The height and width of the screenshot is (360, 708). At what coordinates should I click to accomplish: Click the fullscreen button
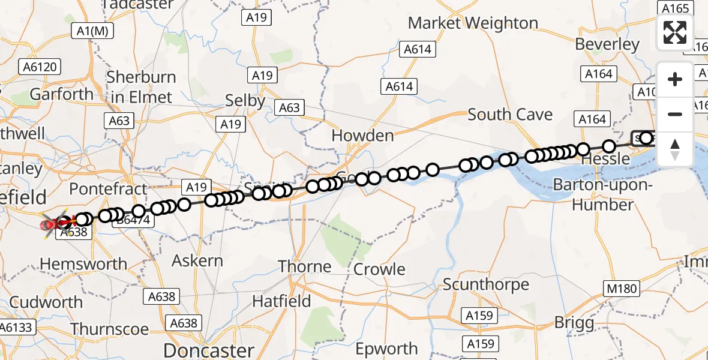click(x=675, y=32)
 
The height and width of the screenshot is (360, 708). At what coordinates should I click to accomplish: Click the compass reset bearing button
click(x=675, y=149)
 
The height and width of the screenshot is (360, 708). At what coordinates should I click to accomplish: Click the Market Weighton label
click(x=473, y=23)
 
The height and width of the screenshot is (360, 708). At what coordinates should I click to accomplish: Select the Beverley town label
click(x=607, y=44)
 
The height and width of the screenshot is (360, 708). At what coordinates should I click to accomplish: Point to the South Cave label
click(x=510, y=114)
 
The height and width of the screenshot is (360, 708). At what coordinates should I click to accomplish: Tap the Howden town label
click(x=362, y=136)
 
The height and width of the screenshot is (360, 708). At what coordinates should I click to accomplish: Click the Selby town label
click(x=245, y=101)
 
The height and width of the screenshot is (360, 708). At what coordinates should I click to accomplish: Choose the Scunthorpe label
click(x=486, y=284)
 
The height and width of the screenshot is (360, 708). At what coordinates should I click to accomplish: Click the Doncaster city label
click(x=209, y=350)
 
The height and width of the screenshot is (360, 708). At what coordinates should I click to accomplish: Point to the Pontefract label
click(x=108, y=189)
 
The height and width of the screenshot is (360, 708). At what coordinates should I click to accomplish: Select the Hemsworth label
click(x=83, y=264)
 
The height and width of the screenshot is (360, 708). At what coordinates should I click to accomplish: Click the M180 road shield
click(x=621, y=289)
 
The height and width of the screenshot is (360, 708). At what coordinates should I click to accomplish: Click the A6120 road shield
click(x=41, y=67)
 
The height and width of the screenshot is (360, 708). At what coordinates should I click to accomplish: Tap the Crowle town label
click(x=380, y=269)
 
